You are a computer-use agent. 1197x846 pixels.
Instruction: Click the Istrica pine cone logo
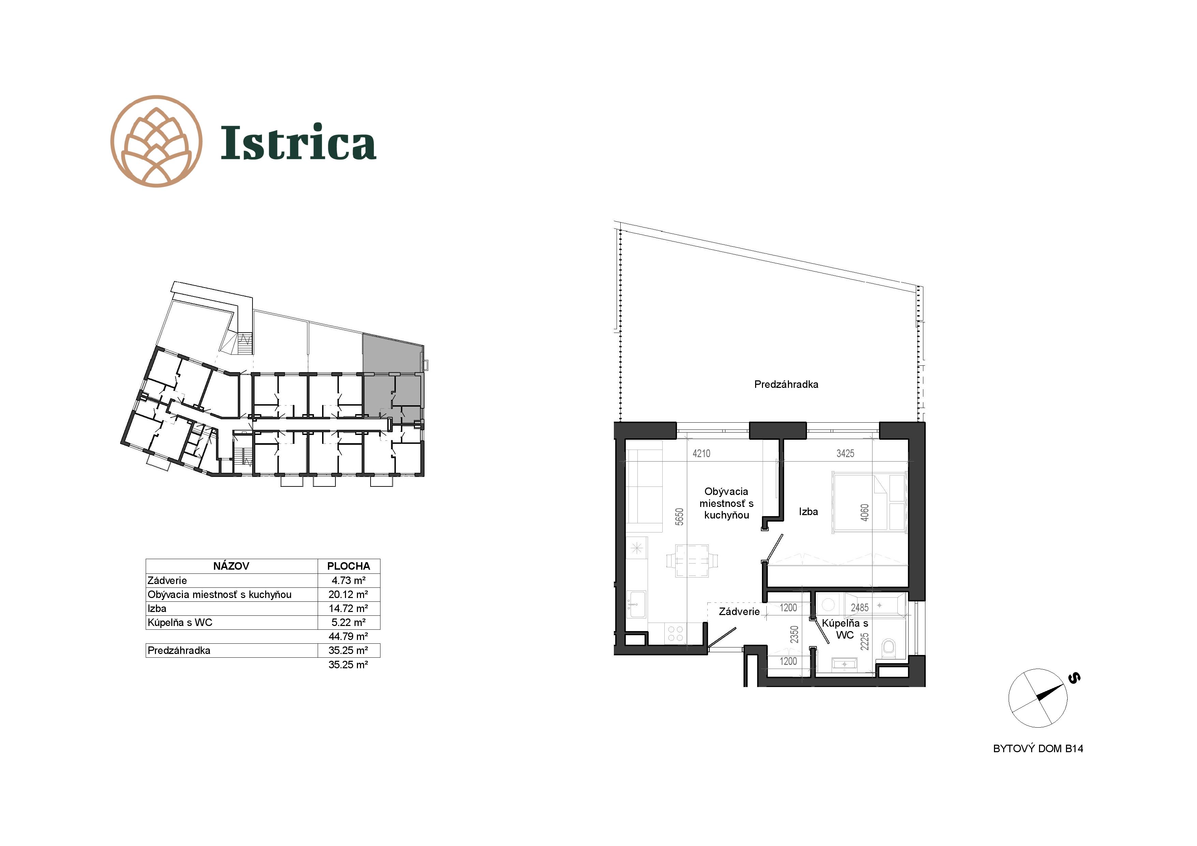156,141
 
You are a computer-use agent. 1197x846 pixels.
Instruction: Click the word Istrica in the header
298,142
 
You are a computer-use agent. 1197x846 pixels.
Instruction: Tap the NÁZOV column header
231,566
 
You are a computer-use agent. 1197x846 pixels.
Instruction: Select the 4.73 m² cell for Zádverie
348,580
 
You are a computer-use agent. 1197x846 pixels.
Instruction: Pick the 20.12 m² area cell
348,594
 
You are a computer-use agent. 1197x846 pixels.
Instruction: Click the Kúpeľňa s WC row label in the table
180,622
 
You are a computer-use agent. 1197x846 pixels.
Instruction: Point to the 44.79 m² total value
348,637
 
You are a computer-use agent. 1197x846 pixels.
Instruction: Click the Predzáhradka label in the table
179,651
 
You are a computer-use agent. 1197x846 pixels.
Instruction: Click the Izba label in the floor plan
808,512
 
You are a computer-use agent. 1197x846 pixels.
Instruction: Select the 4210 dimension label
701,453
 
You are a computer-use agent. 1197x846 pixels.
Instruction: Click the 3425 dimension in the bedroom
845,453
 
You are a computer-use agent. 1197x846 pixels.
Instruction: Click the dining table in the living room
692,560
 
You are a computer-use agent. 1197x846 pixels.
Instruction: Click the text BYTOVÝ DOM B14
1038,748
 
